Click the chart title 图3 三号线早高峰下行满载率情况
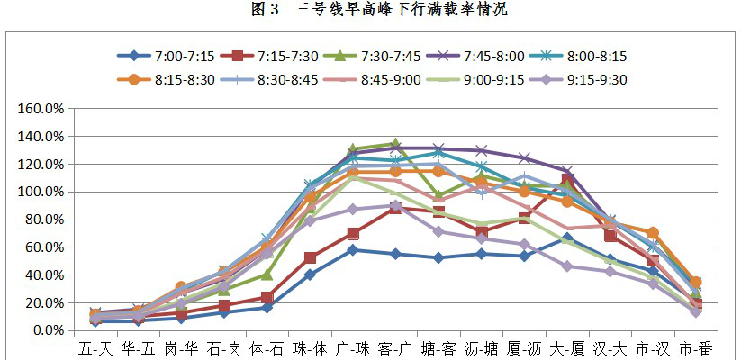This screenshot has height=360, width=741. click(x=379, y=10)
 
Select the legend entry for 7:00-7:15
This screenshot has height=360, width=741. click(x=166, y=56)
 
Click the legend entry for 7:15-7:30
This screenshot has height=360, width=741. click(x=269, y=56)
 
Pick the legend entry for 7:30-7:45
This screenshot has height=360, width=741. click(x=372, y=56)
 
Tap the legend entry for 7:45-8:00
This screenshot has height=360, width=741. click(x=475, y=56)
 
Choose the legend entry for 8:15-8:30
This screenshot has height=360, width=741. click(x=166, y=79)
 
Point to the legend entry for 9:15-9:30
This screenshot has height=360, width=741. click(x=578, y=79)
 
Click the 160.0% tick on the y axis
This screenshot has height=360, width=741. click(x=41, y=109)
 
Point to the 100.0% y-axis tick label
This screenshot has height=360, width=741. click(x=41, y=192)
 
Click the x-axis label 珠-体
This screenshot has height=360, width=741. click(x=310, y=349)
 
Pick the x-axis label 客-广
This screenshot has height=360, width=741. click(x=395, y=349)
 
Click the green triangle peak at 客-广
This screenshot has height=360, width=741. click(x=395, y=144)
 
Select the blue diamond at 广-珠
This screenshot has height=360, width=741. click(x=353, y=250)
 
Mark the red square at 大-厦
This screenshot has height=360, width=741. click(x=567, y=179)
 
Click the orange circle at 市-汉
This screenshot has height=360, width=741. click(x=653, y=233)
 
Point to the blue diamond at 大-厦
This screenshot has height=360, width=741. click(x=567, y=238)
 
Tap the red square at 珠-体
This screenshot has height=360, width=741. click(x=310, y=258)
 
